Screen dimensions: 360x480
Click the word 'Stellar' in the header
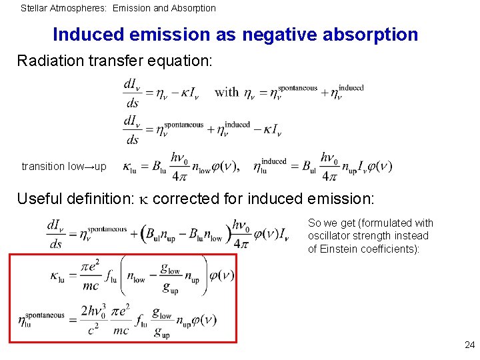(33, 8)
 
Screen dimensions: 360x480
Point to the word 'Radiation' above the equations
(48, 61)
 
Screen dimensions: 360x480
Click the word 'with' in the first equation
(226, 92)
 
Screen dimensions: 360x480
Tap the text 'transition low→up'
(64, 166)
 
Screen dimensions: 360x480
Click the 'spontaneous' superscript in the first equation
(298, 88)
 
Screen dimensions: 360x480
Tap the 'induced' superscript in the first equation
(351, 88)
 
